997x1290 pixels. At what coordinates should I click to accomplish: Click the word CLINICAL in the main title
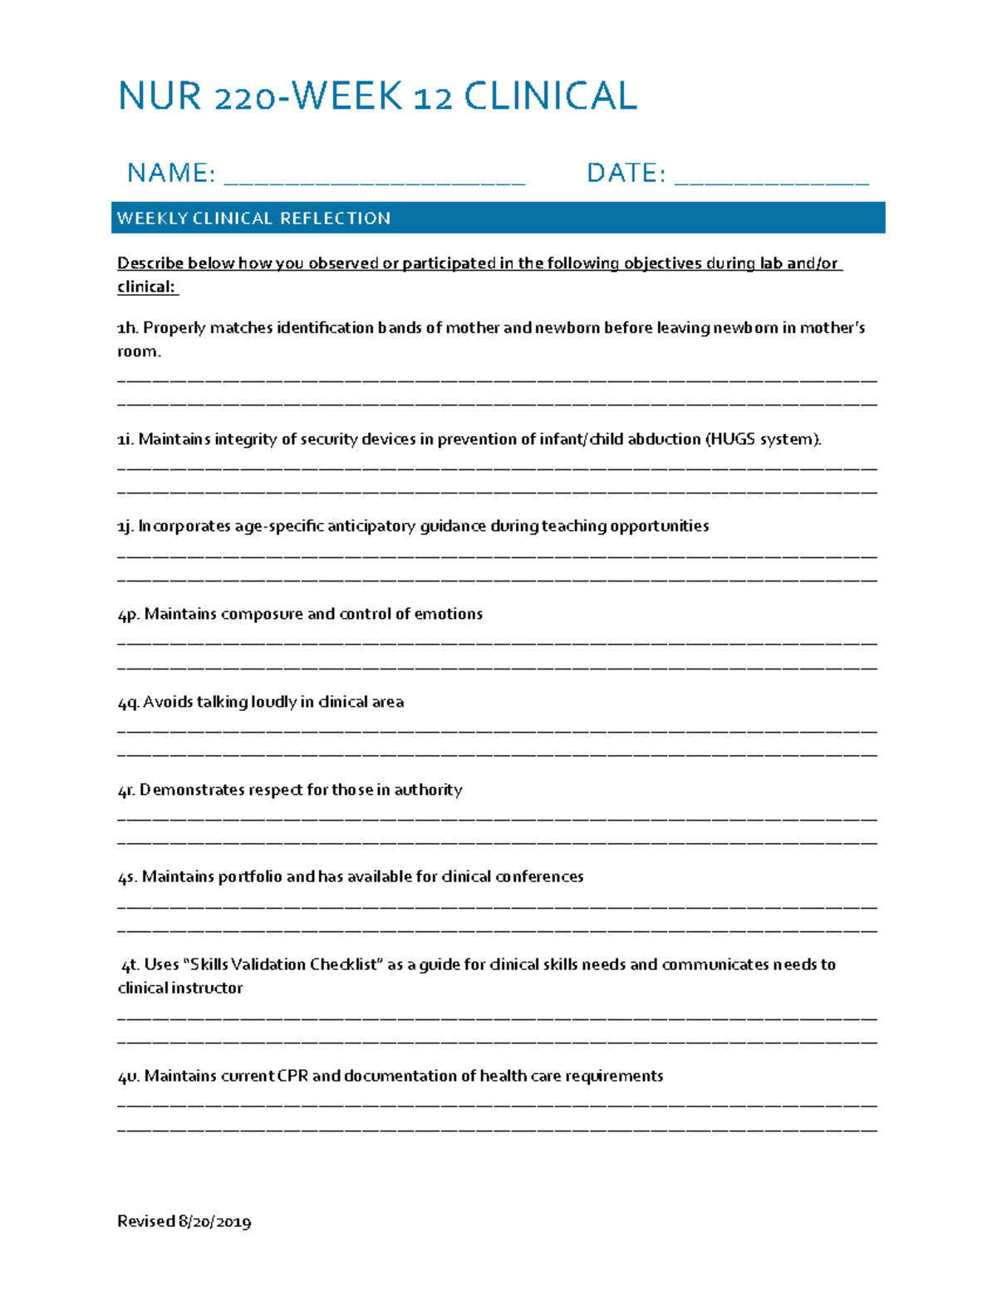[550, 96]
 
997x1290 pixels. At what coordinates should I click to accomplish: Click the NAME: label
[171, 173]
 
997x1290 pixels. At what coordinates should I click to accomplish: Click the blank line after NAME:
[375, 179]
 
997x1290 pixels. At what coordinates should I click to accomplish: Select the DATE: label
[626, 173]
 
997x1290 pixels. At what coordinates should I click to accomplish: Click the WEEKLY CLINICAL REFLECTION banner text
[253, 218]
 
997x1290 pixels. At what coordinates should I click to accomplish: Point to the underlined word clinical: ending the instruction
[147, 287]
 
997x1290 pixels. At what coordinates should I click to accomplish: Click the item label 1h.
[127, 328]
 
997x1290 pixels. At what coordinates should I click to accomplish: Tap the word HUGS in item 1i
[732, 439]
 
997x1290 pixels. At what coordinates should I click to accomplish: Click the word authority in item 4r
[428, 790]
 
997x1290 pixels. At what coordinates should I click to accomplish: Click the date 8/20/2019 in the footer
[214, 1222]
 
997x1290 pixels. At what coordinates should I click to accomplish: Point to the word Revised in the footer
[145, 1222]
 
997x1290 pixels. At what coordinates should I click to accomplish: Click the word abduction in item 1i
[664, 439]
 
